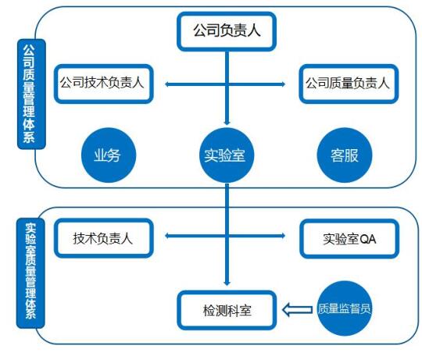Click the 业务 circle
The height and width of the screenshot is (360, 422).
pyautogui.click(x=109, y=155)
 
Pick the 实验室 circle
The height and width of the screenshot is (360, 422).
pyautogui.click(x=227, y=155)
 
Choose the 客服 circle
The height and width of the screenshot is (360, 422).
pyautogui.click(x=345, y=155)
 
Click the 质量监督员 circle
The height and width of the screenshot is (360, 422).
pyautogui.click(x=345, y=308)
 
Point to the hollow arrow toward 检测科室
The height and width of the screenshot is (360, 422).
pyautogui.click(x=297, y=310)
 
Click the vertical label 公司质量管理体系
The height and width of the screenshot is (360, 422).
pyautogui.click(x=31, y=94)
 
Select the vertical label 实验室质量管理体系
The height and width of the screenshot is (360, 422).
pyautogui.click(x=30, y=273)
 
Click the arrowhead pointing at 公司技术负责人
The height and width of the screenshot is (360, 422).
pyautogui.click(x=167, y=84)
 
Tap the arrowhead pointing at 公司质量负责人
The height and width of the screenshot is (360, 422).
pyautogui.click(x=283, y=84)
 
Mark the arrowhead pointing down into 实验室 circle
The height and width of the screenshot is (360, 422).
pyautogui.click(x=227, y=123)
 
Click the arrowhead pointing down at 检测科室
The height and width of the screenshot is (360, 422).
pyautogui.click(x=227, y=283)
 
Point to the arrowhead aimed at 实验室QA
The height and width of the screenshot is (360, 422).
pyautogui.click(x=283, y=236)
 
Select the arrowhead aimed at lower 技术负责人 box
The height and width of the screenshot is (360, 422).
pyautogui.click(x=167, y=236)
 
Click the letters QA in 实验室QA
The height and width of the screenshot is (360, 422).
pyautogui.click(x=367, y=239)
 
